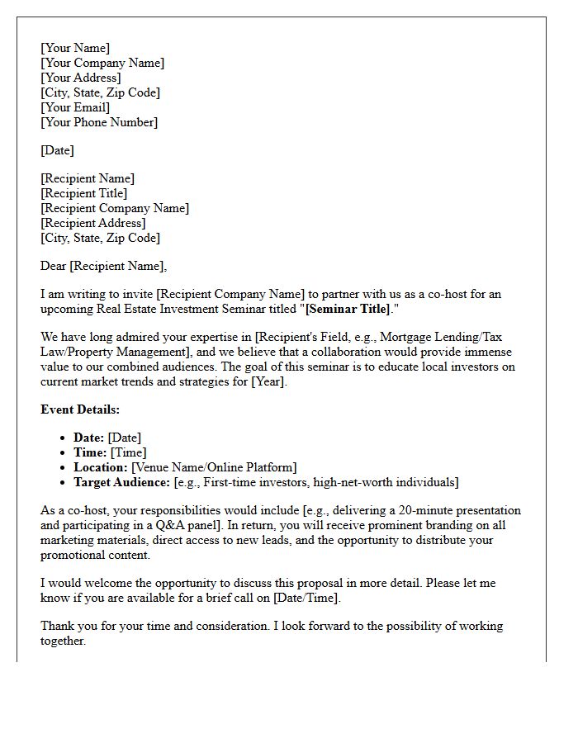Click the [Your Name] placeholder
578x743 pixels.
pyautogui.click(x=75, y=48)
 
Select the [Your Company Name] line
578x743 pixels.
pyautogui.click(x=102, y=63)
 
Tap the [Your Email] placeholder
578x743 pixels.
pyautogui.click(x=75, y=107)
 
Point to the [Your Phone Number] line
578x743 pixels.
pyautogui.click(x=99, y=122)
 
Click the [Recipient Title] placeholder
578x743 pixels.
pyautogui.click(x=84, y=193)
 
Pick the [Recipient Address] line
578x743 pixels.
pyautogui.click(x=93, y=223)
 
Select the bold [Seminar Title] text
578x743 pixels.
pyautogui.click(x=348, y=309)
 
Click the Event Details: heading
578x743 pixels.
pyautogui.click(x=80, y=409)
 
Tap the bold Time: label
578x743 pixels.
pyautogui.click(x=90, y=452)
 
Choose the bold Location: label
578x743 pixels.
pyautogui.click(x=101, y=467)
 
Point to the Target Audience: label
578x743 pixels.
pyautogui.click(x=122, y=482)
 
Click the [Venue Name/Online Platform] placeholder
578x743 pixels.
pyautogui.click(x=214, y=467)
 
